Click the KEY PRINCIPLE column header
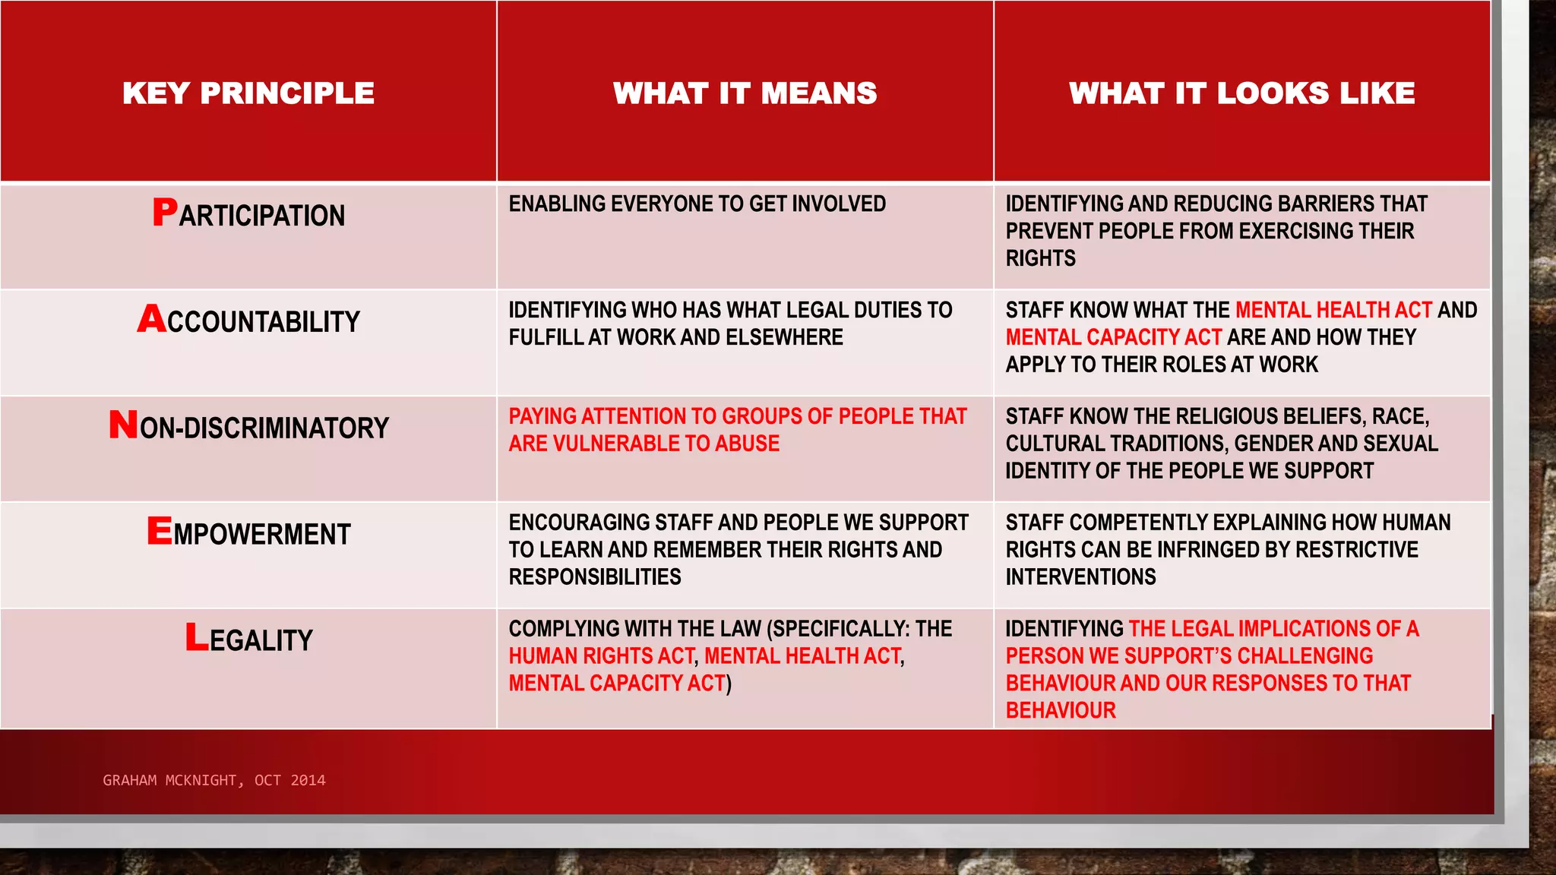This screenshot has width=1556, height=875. [x=248, y=93]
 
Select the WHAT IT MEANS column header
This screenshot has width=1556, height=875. [x=745, y=93]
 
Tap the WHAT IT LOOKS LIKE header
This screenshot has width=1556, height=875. [x=1241, y=93]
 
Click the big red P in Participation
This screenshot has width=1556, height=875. [x=165, y=213]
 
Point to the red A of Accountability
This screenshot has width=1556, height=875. [x=151, y=319]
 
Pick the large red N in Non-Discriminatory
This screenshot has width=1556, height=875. [x=123, y=425]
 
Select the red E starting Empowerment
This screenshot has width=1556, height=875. [x=160, y=531]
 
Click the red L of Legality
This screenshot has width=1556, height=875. [x=197, y=637]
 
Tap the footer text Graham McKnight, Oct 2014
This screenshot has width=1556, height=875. [x=214, y=780]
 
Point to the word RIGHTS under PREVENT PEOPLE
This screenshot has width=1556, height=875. [x=1040, y=258]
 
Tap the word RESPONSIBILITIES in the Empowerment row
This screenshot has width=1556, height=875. [x=595, y=577]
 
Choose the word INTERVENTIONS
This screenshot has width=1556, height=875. [x=1080, y=577]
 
